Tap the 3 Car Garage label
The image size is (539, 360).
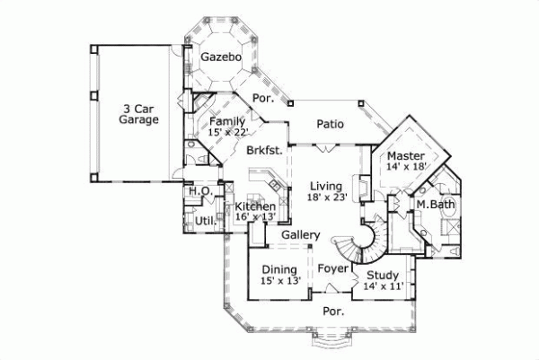[x=141, y=118]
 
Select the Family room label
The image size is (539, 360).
[x=227, y=121]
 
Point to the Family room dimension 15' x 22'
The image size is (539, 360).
[x=227, y=132]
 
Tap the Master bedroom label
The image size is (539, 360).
[x=406, y=156]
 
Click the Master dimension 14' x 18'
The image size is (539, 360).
[x=406, y=167]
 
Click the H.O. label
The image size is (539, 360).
[x=199, y=191]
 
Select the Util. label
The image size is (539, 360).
[x=202, y=219]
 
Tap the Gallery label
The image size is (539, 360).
[x=301, y=235]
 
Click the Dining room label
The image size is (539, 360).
[x=279, y=269]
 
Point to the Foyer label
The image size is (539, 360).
[x=331, y=268]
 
